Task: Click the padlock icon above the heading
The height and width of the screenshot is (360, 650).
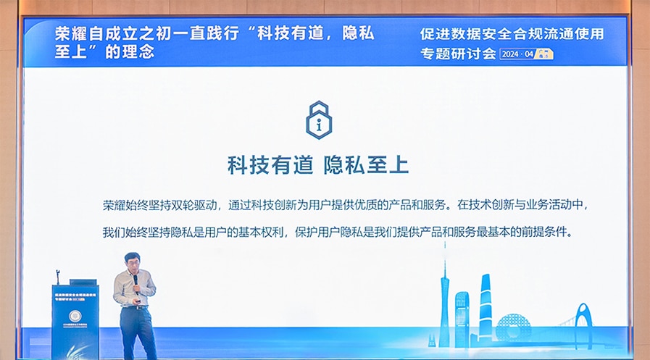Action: [318, 120]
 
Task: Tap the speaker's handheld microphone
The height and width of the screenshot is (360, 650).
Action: [133, 278]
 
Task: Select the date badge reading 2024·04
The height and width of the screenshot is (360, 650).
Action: [527, 54]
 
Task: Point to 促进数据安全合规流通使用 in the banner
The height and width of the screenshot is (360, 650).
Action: [512, 33]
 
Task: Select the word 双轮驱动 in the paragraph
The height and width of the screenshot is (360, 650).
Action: [196, 205]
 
